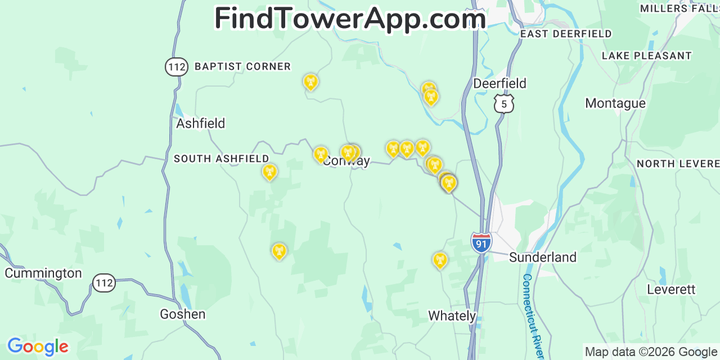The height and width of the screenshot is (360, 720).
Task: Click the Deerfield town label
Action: (499, 83)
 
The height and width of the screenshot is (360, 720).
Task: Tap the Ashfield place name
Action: (200, 123)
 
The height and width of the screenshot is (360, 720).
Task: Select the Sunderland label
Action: (542, 257)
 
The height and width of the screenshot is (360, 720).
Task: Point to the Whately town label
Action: (452, 316)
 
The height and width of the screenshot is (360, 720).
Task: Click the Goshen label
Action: (182, 314)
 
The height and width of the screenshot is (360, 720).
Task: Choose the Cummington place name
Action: (43, 273)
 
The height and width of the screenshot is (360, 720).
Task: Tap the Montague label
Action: (615, 103)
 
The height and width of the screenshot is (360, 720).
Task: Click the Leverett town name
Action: (671, 289)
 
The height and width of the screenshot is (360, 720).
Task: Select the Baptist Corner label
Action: (242, 66)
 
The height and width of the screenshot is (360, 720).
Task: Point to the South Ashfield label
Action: (221, 159)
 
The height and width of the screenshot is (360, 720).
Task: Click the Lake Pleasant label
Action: (646, 56)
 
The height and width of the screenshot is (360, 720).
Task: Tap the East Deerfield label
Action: (565, 34)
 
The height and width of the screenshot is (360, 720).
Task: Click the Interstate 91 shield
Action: (481, 242)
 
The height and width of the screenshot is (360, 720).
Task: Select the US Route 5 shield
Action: (504, 103)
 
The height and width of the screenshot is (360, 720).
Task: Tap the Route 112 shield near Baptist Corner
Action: (176, 67)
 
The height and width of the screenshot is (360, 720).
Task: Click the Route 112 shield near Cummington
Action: (104, 282)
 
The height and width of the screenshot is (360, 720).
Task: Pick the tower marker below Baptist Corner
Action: (310, 82)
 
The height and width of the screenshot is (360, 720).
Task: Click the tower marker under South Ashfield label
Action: (269, 172)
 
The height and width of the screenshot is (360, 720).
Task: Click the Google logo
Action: (38, 346)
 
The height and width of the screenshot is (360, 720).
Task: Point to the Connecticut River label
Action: (532, 315)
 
